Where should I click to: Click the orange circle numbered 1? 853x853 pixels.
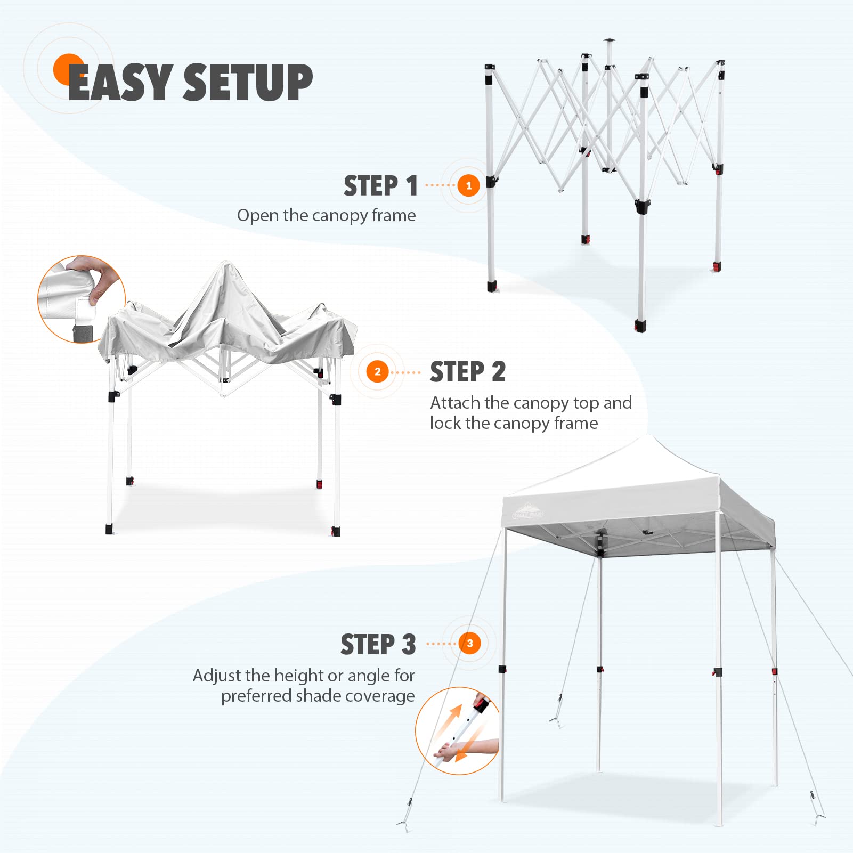point(469,185)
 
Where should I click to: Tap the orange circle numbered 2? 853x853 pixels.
point(378,371)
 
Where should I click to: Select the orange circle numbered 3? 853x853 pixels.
point(469,643)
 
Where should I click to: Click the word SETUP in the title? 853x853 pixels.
point(248,82)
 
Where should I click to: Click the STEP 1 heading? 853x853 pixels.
point(380,186)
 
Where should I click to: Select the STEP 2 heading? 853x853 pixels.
point(468,371)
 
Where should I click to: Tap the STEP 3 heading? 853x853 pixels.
point(378,644)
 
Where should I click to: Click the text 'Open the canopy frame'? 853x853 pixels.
point(326,215)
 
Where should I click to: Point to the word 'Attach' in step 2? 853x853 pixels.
point(455,402)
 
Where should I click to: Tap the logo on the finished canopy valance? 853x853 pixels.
point(527,511)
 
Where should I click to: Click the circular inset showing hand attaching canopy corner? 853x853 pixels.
point(82,299)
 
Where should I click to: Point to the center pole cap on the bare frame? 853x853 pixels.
point(609,40)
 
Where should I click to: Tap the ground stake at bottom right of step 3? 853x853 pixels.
point(817,816)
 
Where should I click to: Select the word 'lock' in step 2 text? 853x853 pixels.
point(445,423)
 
